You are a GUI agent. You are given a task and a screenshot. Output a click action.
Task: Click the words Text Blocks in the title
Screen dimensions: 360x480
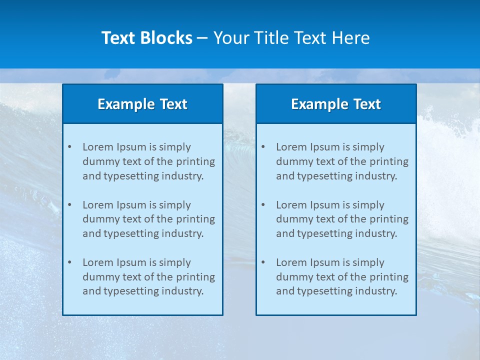click(146, 38)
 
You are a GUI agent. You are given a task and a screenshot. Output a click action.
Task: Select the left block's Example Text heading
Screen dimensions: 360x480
click(142, 104)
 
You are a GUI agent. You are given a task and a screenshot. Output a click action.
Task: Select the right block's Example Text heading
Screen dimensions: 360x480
click(336, 104)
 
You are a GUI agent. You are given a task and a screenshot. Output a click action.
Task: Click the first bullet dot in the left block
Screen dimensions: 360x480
click(69, 147)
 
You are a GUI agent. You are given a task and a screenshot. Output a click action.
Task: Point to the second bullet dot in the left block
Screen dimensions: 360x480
click(69, 205)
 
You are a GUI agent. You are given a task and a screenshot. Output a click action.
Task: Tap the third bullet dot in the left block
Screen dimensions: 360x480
click(69, 262)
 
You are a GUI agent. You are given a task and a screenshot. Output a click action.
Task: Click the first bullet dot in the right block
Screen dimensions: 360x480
click(263, 147)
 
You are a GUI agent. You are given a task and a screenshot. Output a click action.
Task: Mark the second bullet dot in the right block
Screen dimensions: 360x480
click(263, 205)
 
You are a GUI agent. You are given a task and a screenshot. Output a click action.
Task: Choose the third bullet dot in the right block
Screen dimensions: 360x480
click(263, 262)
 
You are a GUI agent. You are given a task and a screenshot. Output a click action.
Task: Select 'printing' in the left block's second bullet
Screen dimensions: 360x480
click(196, 219)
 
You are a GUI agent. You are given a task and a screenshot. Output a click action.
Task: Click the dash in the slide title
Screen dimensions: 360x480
click(202, 38)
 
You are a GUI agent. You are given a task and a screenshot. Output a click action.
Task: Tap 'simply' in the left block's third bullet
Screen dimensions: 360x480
click(174, 262)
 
